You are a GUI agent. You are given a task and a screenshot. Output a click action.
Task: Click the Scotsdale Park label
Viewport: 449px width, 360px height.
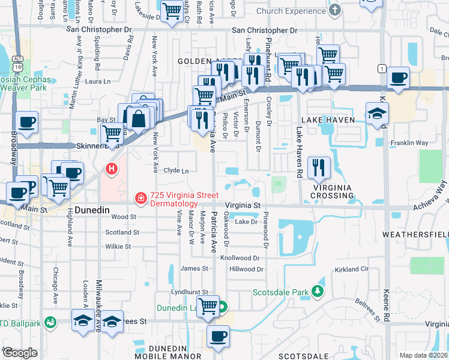click(x=279, y=292)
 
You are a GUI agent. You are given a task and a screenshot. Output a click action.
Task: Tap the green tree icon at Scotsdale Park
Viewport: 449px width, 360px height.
click(x=317, y=292)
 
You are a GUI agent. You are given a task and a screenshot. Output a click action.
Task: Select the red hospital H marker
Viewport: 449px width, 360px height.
click(x=111, y=170)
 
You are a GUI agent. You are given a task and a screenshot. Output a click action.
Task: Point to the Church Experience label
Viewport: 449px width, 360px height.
click(x=291, y=10)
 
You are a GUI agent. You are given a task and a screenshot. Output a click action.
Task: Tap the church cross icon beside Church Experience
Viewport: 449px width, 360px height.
click(x=335, y=10)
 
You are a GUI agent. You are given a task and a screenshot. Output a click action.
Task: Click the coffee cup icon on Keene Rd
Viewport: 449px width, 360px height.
click(x=399, y=77)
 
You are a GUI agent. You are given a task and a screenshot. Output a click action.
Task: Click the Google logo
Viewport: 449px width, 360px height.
click(x=20, y=353)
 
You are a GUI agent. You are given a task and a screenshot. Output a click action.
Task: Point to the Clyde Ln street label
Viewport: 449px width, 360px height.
click(x=176, y=170)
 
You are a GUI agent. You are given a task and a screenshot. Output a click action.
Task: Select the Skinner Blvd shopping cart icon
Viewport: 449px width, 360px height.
click(x=112, y=134)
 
